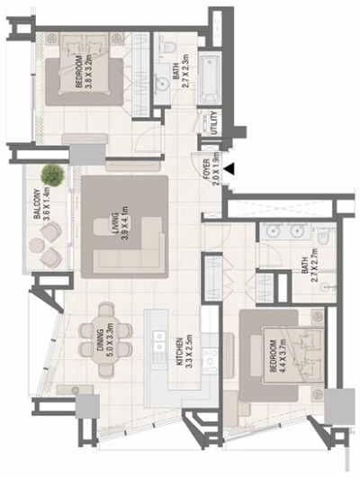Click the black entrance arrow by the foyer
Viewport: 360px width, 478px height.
point(229,169)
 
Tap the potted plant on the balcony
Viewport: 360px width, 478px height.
point(53,175)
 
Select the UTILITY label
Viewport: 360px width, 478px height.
point(214,122)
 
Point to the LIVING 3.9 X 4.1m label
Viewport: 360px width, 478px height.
point(119,223)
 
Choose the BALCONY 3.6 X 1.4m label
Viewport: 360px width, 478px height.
point(41,204)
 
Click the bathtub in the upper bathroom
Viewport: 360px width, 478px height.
point(210,78)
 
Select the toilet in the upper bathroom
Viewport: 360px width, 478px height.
point(167,47)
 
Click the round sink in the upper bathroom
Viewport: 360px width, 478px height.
point(162,83)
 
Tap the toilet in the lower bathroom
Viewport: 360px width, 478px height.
point(322,235)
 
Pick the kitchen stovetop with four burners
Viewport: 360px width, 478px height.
point(211,361)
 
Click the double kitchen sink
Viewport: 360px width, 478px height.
point(158,340)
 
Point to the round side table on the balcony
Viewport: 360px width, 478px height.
point(37,245)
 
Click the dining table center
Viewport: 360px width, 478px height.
point(106,339)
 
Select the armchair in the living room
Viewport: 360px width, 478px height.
point(103,227)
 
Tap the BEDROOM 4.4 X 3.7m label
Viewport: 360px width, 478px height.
point(277,356)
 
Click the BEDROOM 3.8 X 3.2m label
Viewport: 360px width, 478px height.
point(83,72)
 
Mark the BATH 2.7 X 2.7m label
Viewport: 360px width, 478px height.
point(309,265)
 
